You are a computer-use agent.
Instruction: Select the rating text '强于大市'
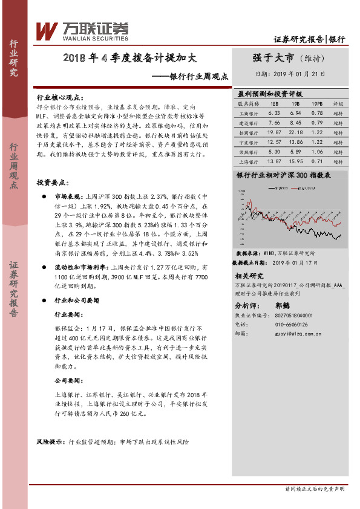(x=273, y=58)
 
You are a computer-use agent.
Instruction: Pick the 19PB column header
(x=316, y=103)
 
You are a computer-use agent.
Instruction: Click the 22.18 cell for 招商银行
(x=295, y=132)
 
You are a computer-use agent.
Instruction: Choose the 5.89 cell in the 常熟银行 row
(x=295, y=151)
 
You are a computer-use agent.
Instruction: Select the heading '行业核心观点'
(x=62, y=97)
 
